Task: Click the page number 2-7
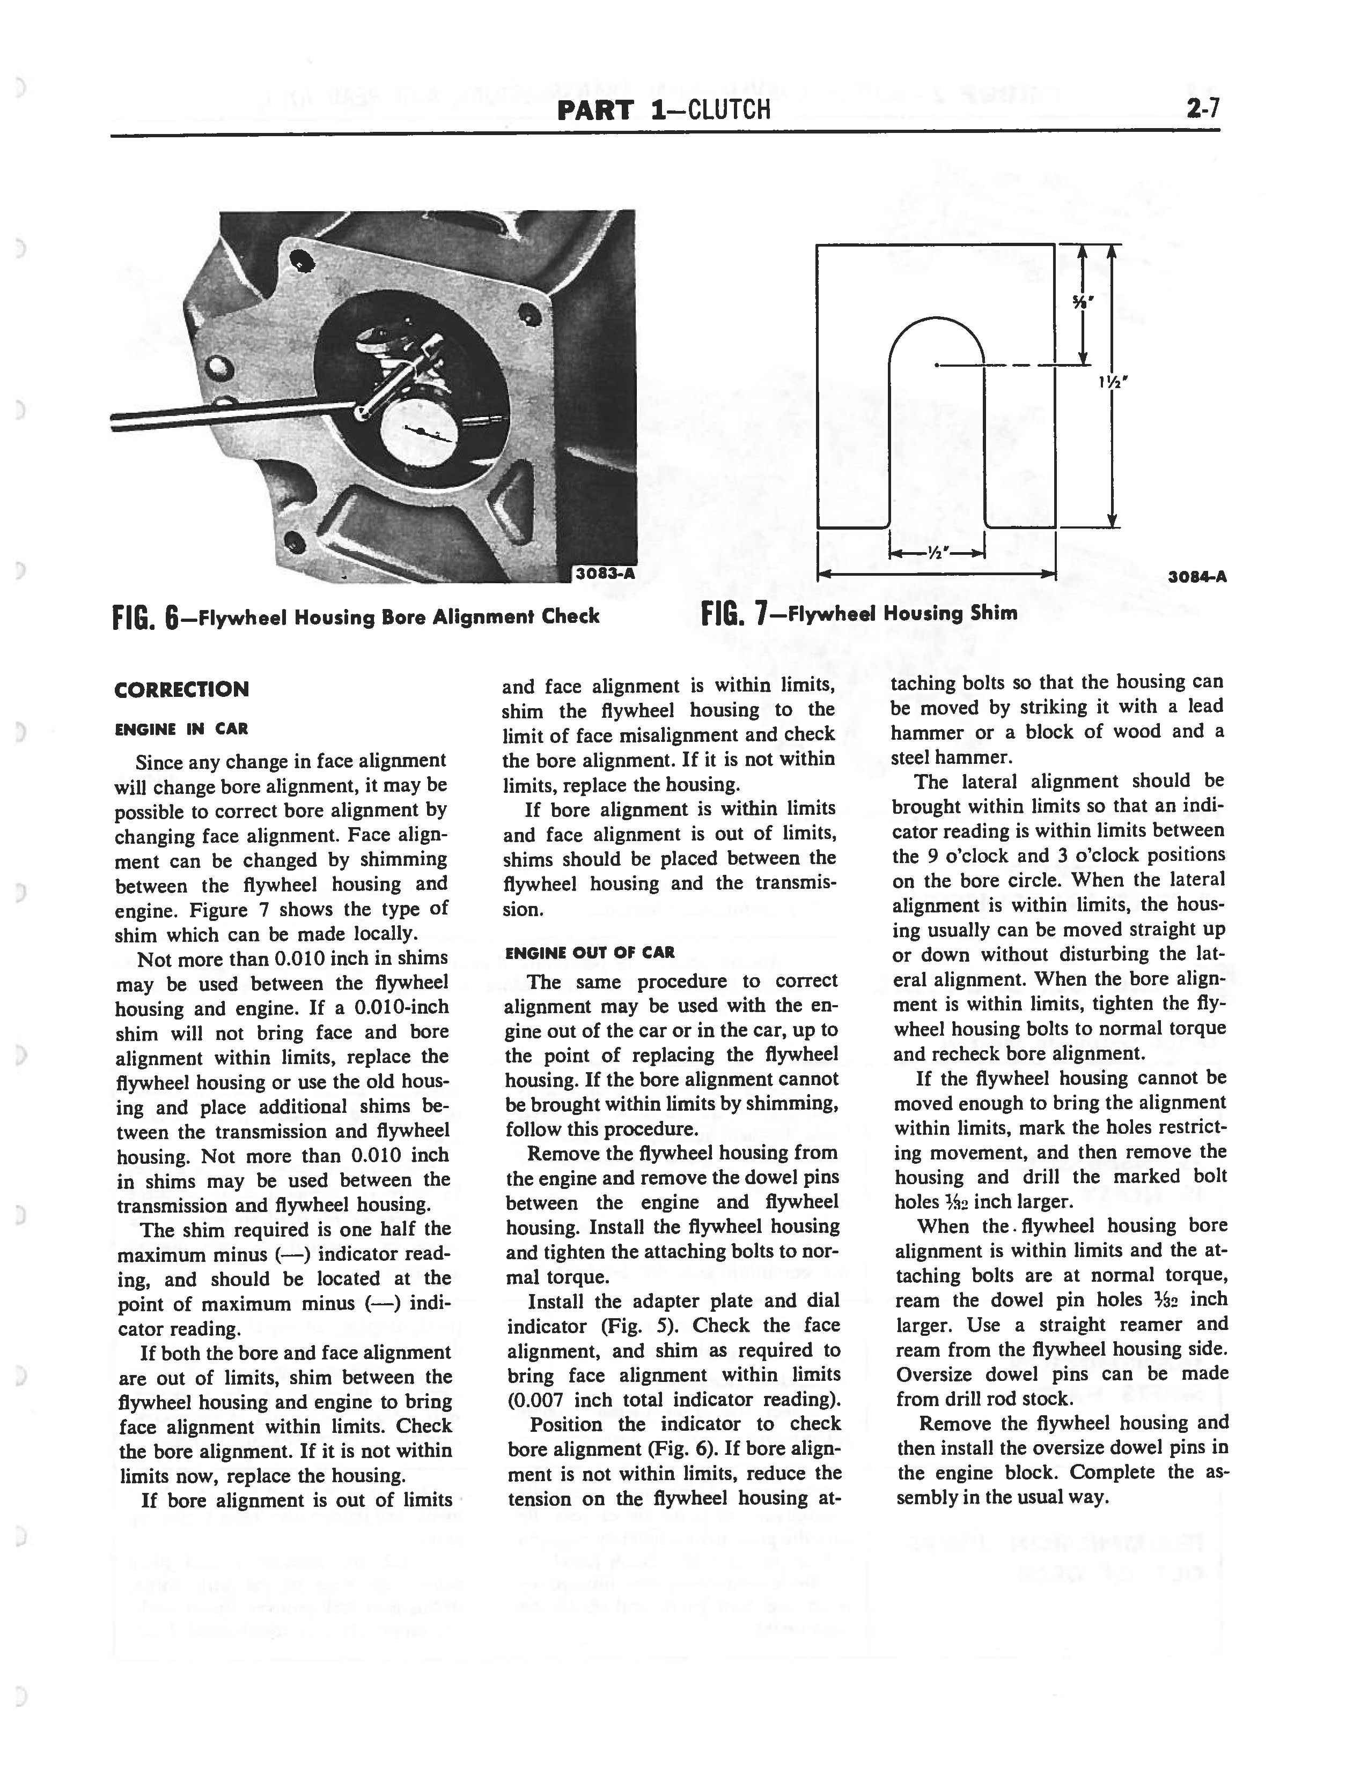[x=1203, y=108]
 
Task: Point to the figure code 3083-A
[x=603, y=573]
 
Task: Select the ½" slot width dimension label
[x=937, y=553]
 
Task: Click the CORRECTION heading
[x=181, y=689]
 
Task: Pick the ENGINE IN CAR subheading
[x=181, y=729]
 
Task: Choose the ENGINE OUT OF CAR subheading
[x=589, y=953]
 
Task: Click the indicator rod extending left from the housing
[x=227, y=414]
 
